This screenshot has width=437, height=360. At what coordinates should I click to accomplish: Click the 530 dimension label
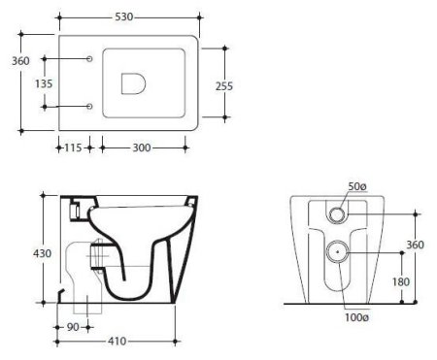pos(124,16)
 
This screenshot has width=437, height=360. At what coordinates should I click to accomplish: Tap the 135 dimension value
pos(44,83)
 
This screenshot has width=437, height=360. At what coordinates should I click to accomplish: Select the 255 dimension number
pos(224,86)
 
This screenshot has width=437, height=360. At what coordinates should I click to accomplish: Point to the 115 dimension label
pos(73,147)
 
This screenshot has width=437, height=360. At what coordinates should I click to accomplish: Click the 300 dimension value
pos(142,147)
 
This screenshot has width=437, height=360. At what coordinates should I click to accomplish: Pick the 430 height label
pos(42,253)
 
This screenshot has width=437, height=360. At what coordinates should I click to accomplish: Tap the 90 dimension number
pos(73,327)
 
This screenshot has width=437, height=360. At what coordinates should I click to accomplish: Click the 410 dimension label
pos(118,341)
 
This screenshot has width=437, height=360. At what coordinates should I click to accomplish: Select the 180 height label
pos(401,282)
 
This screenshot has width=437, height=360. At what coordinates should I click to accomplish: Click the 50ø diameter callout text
pos(357,186)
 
